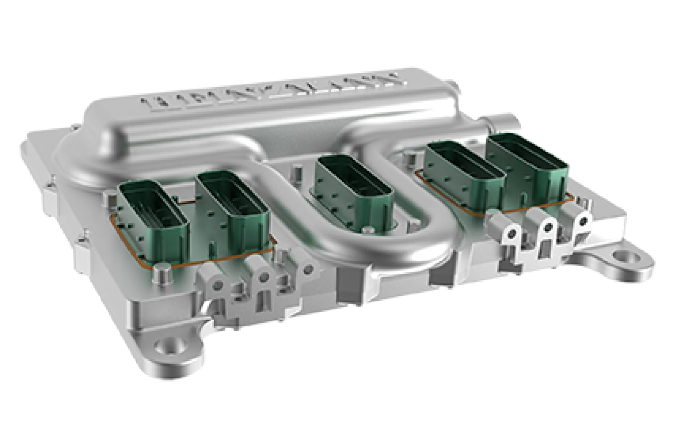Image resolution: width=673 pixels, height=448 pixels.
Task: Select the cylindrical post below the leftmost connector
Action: tap(163, 274)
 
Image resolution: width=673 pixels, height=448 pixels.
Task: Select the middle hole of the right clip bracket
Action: tap(548, 227)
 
